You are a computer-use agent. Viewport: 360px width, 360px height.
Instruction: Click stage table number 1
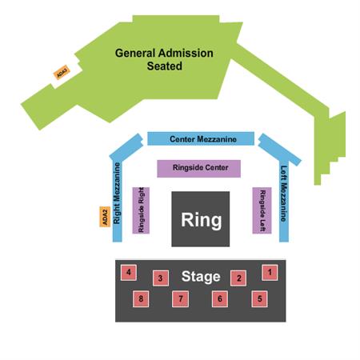tap(270, 273)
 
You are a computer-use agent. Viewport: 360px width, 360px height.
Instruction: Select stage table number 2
tap(238, 278)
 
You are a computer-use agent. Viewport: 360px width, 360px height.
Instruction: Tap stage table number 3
tap(161, 278)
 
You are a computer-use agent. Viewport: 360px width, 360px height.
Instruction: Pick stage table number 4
tap(129, 273)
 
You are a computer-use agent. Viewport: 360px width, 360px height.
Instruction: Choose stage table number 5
tap(259, 299)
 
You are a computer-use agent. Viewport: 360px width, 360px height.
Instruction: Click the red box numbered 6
tap(220, 299)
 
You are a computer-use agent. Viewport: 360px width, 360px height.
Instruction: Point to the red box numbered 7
tap(181, 299)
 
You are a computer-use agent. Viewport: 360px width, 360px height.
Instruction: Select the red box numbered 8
tap(141, 299)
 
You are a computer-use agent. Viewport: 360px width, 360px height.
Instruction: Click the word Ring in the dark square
tap(202, 220)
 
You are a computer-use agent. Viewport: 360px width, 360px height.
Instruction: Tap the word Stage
tap(201, 277)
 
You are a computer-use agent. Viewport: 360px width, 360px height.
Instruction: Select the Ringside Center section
tap(199, 169)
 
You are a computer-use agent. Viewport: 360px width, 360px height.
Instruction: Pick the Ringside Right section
tap(141, 210)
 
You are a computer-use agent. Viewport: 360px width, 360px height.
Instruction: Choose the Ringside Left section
tap(262, 210)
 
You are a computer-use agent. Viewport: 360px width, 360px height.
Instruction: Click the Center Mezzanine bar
tap(201, 138)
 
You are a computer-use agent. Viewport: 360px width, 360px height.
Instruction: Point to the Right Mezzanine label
tap(117, 194)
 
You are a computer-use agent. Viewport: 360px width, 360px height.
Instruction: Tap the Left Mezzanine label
tap(284, 194)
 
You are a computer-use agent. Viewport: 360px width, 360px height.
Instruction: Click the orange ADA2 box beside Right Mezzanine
tap(105, 217)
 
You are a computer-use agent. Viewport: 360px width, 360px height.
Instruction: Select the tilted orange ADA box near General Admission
tap(62, 72)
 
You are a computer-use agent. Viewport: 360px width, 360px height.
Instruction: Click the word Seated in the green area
tap(165, 66)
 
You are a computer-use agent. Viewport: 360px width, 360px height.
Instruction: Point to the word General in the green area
tap(135, 53)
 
